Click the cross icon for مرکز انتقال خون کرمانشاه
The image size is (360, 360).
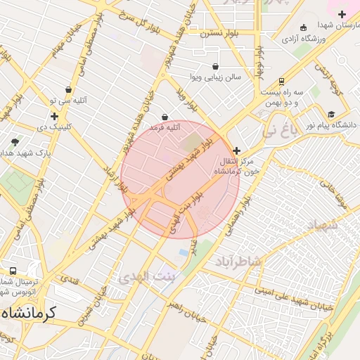pyautogui.click(x=236, y=150)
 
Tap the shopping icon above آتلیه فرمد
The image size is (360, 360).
pyautogui.click(x=165, y=117)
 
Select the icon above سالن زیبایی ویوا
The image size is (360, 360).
pyautogui.click(x=214, y=66)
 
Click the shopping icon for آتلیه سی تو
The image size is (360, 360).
pyautogui.click(x=68, y=90)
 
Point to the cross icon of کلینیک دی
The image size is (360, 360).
pyautogui.click(x=54, y=116)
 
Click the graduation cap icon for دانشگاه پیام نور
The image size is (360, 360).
pyautogui.click(x=330, y=115)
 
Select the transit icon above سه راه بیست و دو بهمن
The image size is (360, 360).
pyautogui.click(x=281, y=82)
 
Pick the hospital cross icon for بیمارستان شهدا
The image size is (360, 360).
pyautogui.click(x=342, y=14)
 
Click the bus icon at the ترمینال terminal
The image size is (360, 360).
pyautogui.click(x=13, y=271)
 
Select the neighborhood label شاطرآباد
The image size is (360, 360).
pyautogui.click(x=238, y=261)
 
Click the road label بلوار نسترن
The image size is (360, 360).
pyautogui.click(x=219, y=33)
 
